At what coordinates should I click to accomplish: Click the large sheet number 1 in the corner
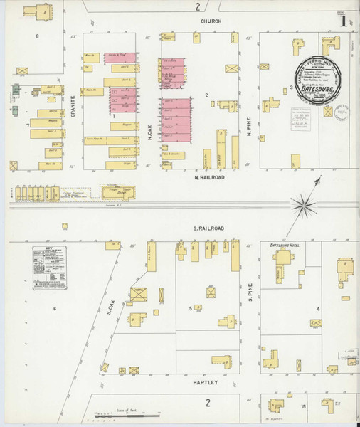tap(344, 21)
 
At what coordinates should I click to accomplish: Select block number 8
tap(37, 35)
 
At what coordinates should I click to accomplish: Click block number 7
tap(28, 125)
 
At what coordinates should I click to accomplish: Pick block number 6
tap(54, 308)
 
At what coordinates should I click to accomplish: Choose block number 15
tap(303, 406)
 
